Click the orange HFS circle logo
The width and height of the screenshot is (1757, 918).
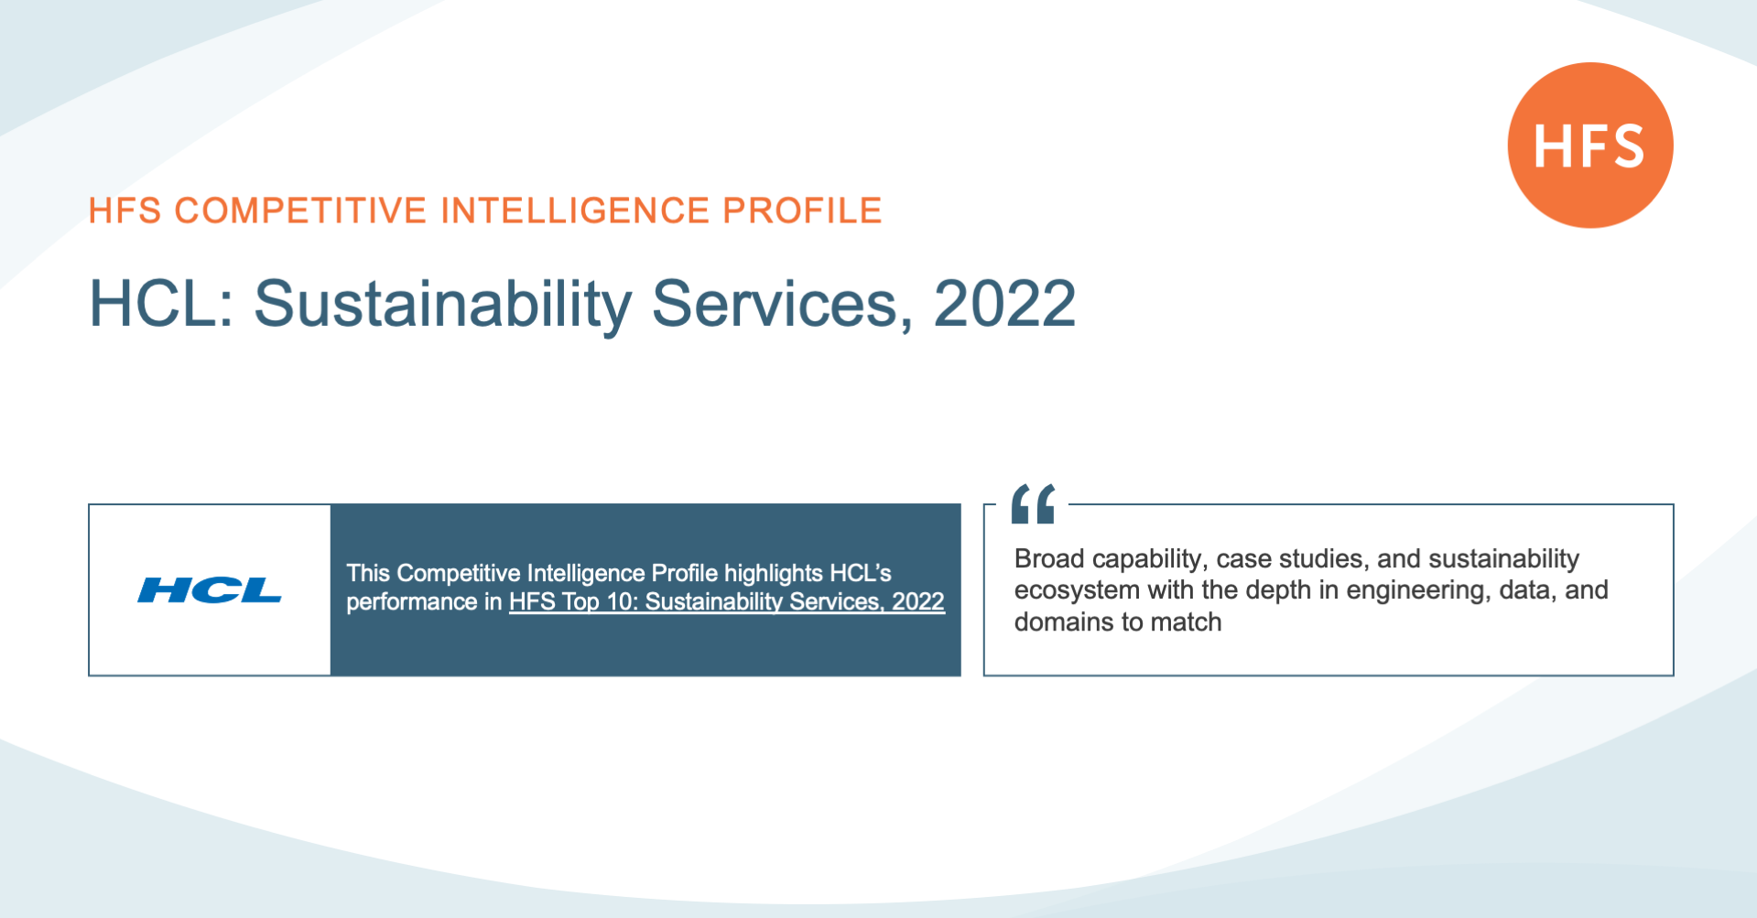[1590, 145]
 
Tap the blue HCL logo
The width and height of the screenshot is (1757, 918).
[210, 590]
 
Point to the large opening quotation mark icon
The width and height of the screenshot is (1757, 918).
[1033, 503]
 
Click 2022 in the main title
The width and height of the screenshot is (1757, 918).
[1004, 303]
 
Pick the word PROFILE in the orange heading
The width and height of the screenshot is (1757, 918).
[802, 211]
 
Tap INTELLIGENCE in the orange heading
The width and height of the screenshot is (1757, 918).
[575, 211]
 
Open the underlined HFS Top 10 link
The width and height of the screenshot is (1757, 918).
[727, 601]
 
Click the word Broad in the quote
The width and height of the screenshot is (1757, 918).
[1049, 558]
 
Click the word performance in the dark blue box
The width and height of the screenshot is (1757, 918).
[412, 602]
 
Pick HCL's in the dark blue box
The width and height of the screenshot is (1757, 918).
[861, 573]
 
